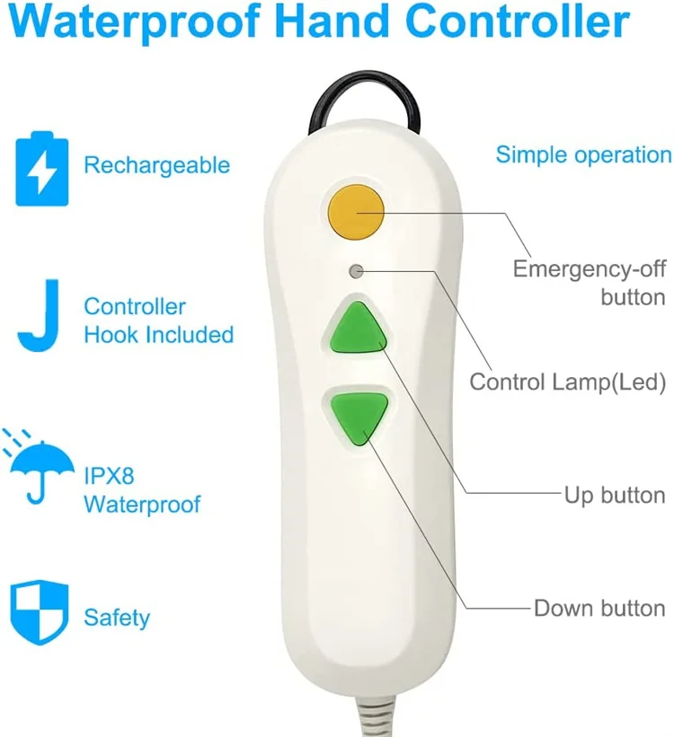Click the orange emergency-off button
(x=356, y=212)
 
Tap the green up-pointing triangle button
(x=357, y=328)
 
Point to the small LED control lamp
(x=357, y=269)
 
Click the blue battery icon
(x=41, y=168)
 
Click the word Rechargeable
(x=156, y=165)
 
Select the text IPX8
(x=109, y=474)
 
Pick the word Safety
(x=117, y=618)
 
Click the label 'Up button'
(x=615, y=495)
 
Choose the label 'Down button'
(x=599, y=608)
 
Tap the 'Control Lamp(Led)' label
(x=567, y=382)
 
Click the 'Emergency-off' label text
(x=589, y=268)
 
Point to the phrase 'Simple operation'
(x=583, y=154)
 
